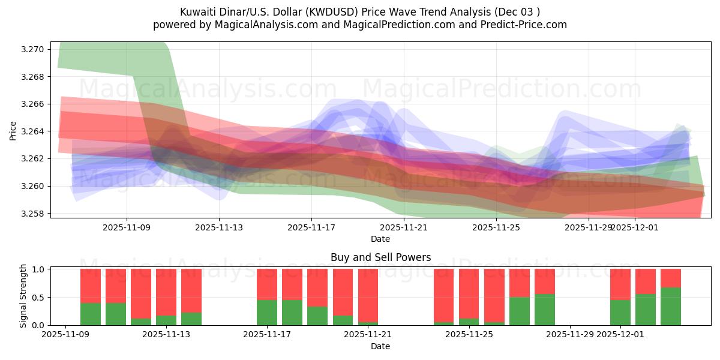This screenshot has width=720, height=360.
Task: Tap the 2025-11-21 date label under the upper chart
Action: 404,227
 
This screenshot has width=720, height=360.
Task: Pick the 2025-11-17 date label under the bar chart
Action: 267,335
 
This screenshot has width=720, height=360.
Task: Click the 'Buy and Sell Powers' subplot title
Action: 380,257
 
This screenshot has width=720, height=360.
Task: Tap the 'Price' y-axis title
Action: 13,130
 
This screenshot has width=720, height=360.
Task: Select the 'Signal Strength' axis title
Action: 23,296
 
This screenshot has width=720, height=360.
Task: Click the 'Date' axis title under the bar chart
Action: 380,346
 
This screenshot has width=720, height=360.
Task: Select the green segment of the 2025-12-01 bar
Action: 620,313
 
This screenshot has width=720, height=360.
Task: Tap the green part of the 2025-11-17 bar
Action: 267,313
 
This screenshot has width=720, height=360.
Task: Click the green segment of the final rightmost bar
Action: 671,307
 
